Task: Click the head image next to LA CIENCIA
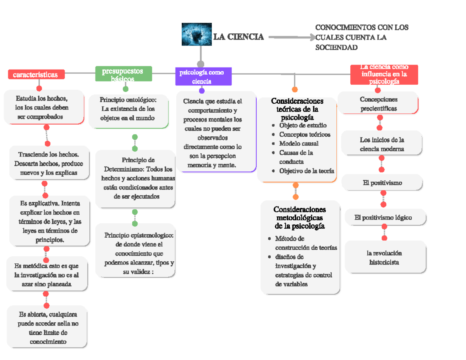coord(196,34)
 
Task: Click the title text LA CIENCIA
coord(238,37)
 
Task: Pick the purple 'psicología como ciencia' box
coord(203,77)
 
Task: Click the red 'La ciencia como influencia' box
coord(384,75)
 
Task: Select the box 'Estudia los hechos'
coord(43,107)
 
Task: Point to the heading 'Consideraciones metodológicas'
coord(299,217)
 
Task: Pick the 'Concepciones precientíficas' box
coord(378,104)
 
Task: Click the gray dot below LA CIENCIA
coord(201,64)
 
